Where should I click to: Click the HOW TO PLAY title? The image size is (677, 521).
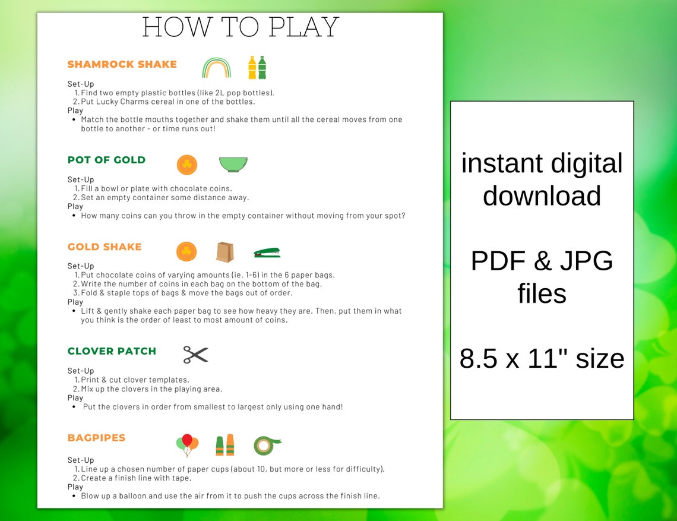(x=241, y=27)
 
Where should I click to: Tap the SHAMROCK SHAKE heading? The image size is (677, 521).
(x=122, y=64)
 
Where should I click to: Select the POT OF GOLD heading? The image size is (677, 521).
(x=106, y=160)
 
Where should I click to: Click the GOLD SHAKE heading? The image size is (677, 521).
(x=105, y=247)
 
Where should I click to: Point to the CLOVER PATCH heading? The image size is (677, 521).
(x=112, y=351)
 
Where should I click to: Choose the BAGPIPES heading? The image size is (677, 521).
(x=96, y=438)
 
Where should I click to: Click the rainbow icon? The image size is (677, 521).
(x=216, y=68)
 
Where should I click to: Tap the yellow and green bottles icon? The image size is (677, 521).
(x=257, y=68)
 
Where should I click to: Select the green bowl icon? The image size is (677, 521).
(x=233, y=164)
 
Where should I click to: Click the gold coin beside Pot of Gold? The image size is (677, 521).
(x=186, y=165)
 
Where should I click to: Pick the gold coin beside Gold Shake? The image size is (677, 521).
(x=186, y=251)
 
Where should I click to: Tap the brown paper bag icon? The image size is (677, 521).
(x=224, y=252)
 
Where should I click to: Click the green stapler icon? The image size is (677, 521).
(x=267, y=252)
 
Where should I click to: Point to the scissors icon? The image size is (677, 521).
(x=195, y=355)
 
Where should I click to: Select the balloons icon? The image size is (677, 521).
(x=187, y=444)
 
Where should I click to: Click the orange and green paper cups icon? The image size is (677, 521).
(x=224, y=444)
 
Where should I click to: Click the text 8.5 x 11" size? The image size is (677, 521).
(x=542, y=358)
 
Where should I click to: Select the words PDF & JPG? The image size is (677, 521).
(x=542, y=261)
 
